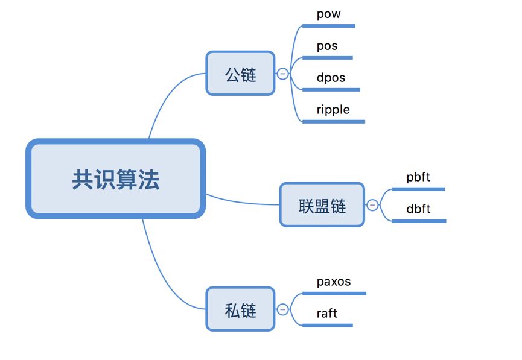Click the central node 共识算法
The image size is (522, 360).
(x=115, y=179)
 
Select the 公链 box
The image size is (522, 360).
(x=240, y=74)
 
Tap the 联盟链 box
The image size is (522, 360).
(x=322, y=205)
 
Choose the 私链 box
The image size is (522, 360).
(x=240, y=309)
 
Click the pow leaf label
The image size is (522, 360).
(x=328, y=14)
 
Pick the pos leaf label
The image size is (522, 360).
(x=327, y=46)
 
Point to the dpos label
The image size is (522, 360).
(x=331, y=78)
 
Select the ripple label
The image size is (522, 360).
(x=333, y=110)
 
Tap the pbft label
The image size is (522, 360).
(x=418, y=177)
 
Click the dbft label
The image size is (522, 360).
(x=418, y=209)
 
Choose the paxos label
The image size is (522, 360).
(x=334, y=282)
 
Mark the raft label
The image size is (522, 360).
(x=326, y=314)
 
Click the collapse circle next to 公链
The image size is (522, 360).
(x=282, y=74)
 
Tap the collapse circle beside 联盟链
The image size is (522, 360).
(x=372, y=205)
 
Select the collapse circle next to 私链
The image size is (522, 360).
(x=282, y=309)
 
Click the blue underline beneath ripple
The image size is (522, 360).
(x=334, y=121)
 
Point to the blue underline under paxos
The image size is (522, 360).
(x=334, y=294)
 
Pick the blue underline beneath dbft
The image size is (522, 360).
(x=419, y=221)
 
